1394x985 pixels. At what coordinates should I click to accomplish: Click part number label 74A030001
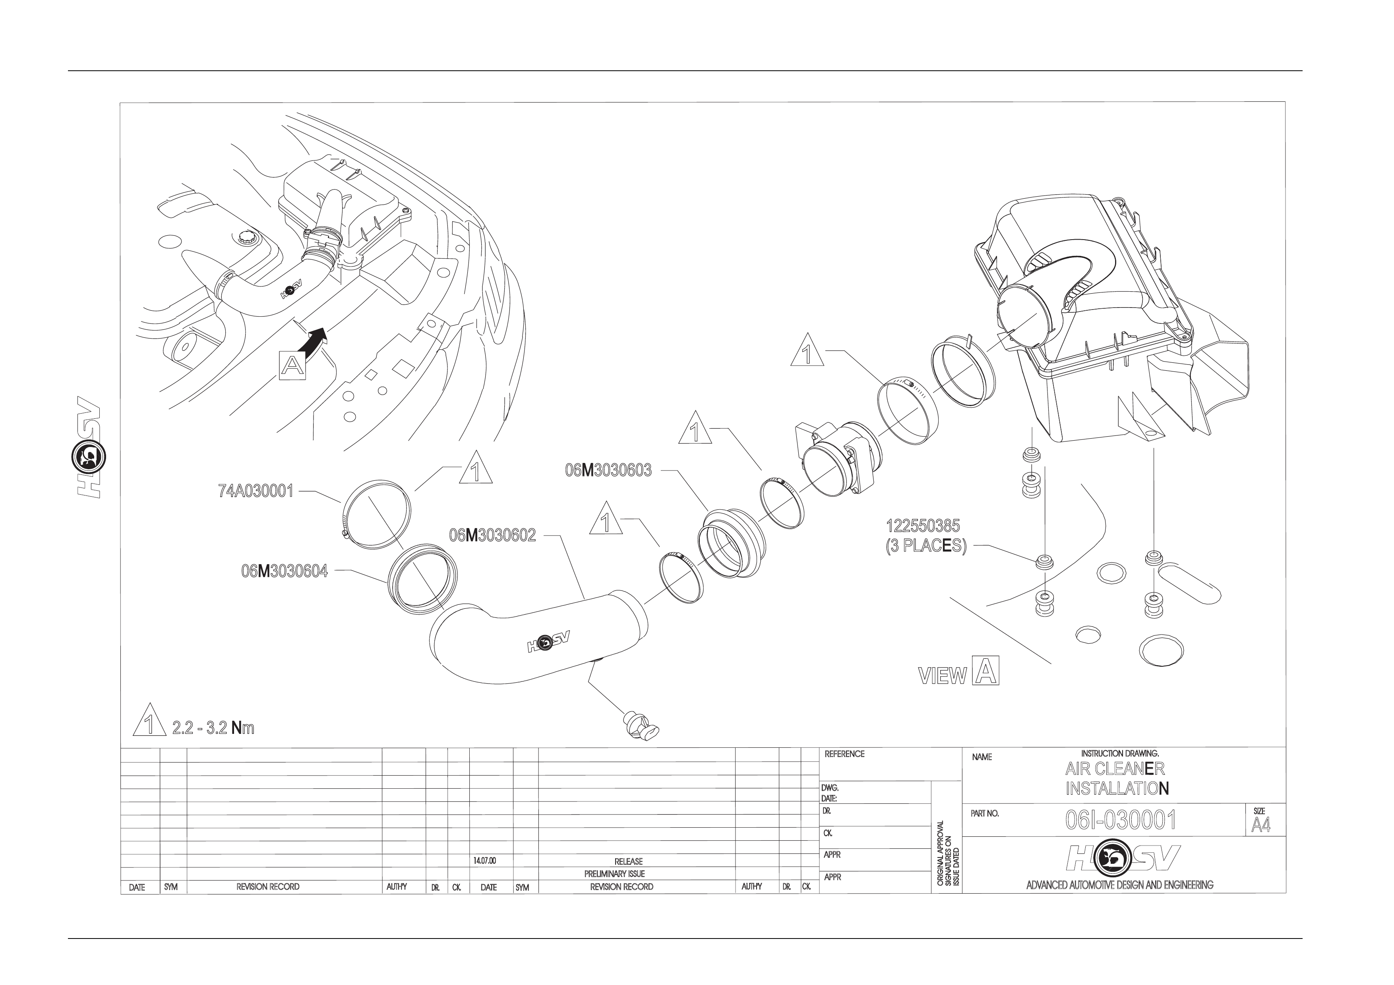[x=256, y=491]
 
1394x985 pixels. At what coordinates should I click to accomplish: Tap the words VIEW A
[x=959, y=672]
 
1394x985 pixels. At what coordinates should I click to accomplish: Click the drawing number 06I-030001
[x=1121, y=820]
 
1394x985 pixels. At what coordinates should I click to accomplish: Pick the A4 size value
[x=1260, y=825]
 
